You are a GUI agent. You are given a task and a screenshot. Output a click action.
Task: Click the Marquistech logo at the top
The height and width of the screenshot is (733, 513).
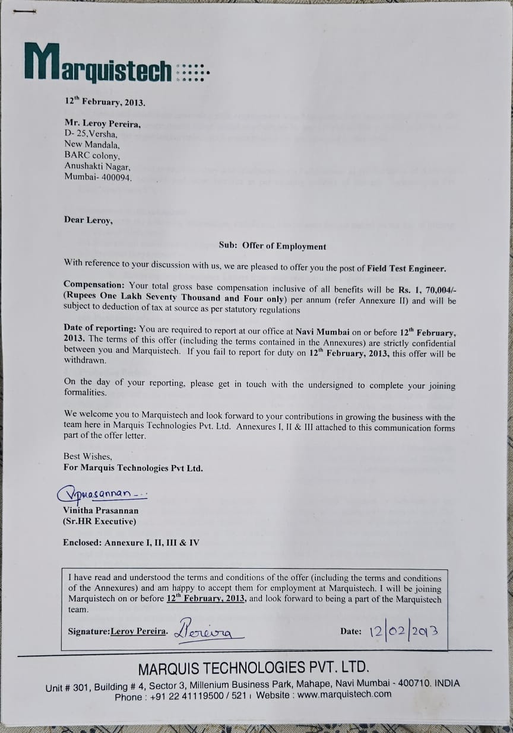[x=98, y=64]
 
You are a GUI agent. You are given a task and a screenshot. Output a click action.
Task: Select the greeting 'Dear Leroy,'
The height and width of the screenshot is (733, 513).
[x=88, y=219]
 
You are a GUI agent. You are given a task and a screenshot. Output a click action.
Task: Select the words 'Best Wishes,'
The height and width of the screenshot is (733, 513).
[x=87, y=456]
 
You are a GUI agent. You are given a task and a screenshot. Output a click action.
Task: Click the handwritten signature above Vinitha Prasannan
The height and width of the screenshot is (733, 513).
[x=101, y=493]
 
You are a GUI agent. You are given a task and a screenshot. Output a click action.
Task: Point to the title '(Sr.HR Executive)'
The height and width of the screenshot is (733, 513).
[x=100, y=521]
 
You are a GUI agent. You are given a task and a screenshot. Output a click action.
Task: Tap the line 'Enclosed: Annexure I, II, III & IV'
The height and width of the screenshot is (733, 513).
[x=131, y=542]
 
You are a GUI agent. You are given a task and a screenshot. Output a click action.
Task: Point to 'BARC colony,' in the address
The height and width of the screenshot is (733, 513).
[x=92, y=156]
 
